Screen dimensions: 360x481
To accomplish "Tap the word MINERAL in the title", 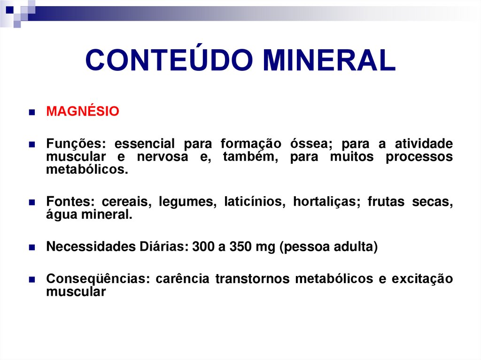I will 329,61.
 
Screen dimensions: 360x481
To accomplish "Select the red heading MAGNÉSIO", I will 83,112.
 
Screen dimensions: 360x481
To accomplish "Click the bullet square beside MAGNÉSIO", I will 32,113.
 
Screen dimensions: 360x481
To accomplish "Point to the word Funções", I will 73,144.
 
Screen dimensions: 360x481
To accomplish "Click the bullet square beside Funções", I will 32,145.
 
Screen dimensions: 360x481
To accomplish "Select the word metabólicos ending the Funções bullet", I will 87,169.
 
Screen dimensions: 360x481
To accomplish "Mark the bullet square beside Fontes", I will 32,203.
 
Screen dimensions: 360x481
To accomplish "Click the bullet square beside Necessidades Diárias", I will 32,248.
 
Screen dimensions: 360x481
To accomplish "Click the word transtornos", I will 252,279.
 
